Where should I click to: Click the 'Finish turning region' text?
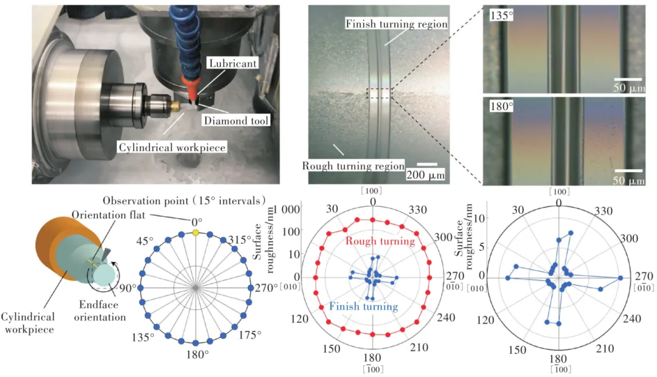[397, 24]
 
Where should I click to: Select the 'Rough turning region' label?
[353, 165]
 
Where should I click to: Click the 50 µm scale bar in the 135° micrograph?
[627, 79]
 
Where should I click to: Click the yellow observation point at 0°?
[195, 233]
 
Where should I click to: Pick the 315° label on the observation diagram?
[240, 238]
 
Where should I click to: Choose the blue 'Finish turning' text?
[364, 306]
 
